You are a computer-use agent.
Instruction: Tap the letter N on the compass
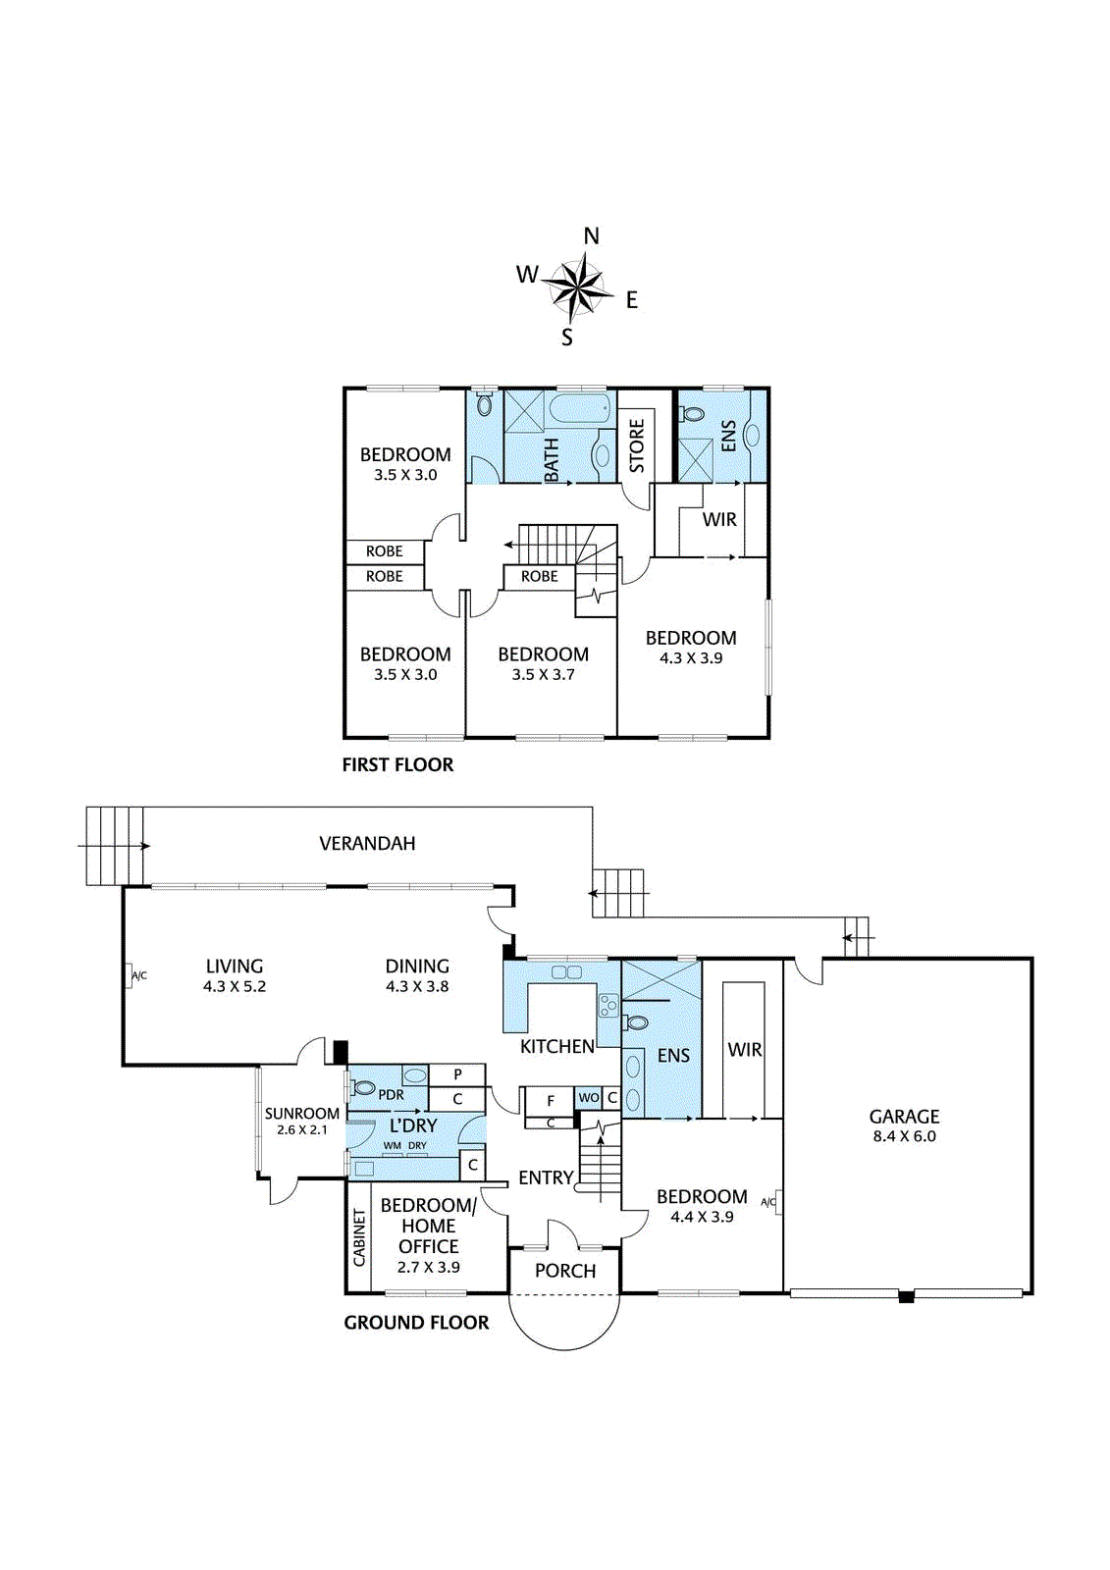[592, 236]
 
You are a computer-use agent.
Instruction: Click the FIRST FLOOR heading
[397, 764]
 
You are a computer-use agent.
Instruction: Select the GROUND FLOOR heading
[416, 1323]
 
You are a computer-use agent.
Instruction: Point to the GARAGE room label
[904, 1117]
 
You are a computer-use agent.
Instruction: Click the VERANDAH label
[367, 843]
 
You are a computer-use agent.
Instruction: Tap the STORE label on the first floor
[637, 445]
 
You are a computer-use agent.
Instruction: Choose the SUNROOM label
[302, 1113]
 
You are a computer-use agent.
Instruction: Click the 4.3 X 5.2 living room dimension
[235, 986]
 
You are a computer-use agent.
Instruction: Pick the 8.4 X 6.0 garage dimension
[905, 1136]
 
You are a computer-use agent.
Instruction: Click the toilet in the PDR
[363, 1088]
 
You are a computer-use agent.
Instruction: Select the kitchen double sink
[566, 971]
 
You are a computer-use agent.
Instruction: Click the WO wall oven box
[588, 1098]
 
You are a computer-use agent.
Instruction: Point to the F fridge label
[551, 1101]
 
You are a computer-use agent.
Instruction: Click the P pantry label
[457, 1074]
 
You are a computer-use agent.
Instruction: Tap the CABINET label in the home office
[359, 1237]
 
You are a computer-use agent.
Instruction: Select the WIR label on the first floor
[719, 519]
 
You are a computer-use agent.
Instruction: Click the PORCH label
[565, 1271]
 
